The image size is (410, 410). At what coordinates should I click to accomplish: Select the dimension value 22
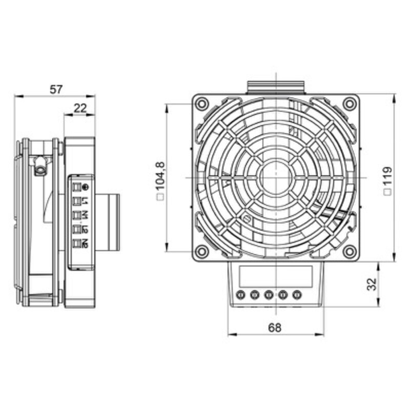80,108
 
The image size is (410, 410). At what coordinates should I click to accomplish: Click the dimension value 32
372,284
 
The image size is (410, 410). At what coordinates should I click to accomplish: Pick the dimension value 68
275,328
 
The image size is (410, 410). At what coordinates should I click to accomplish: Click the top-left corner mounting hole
201,103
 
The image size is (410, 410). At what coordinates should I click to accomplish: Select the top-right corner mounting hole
350,103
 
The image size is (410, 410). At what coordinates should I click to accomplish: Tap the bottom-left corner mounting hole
201,251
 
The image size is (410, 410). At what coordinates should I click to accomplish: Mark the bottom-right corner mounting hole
350,251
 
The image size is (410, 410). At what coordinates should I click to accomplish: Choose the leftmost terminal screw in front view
241,295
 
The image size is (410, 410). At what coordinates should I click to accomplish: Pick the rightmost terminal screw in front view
296,295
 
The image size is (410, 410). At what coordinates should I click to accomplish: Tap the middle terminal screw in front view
269,295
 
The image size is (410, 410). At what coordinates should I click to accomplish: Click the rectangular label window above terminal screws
275,277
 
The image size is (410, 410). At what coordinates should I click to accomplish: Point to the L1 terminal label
85,200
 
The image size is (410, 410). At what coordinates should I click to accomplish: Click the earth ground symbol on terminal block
85,187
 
